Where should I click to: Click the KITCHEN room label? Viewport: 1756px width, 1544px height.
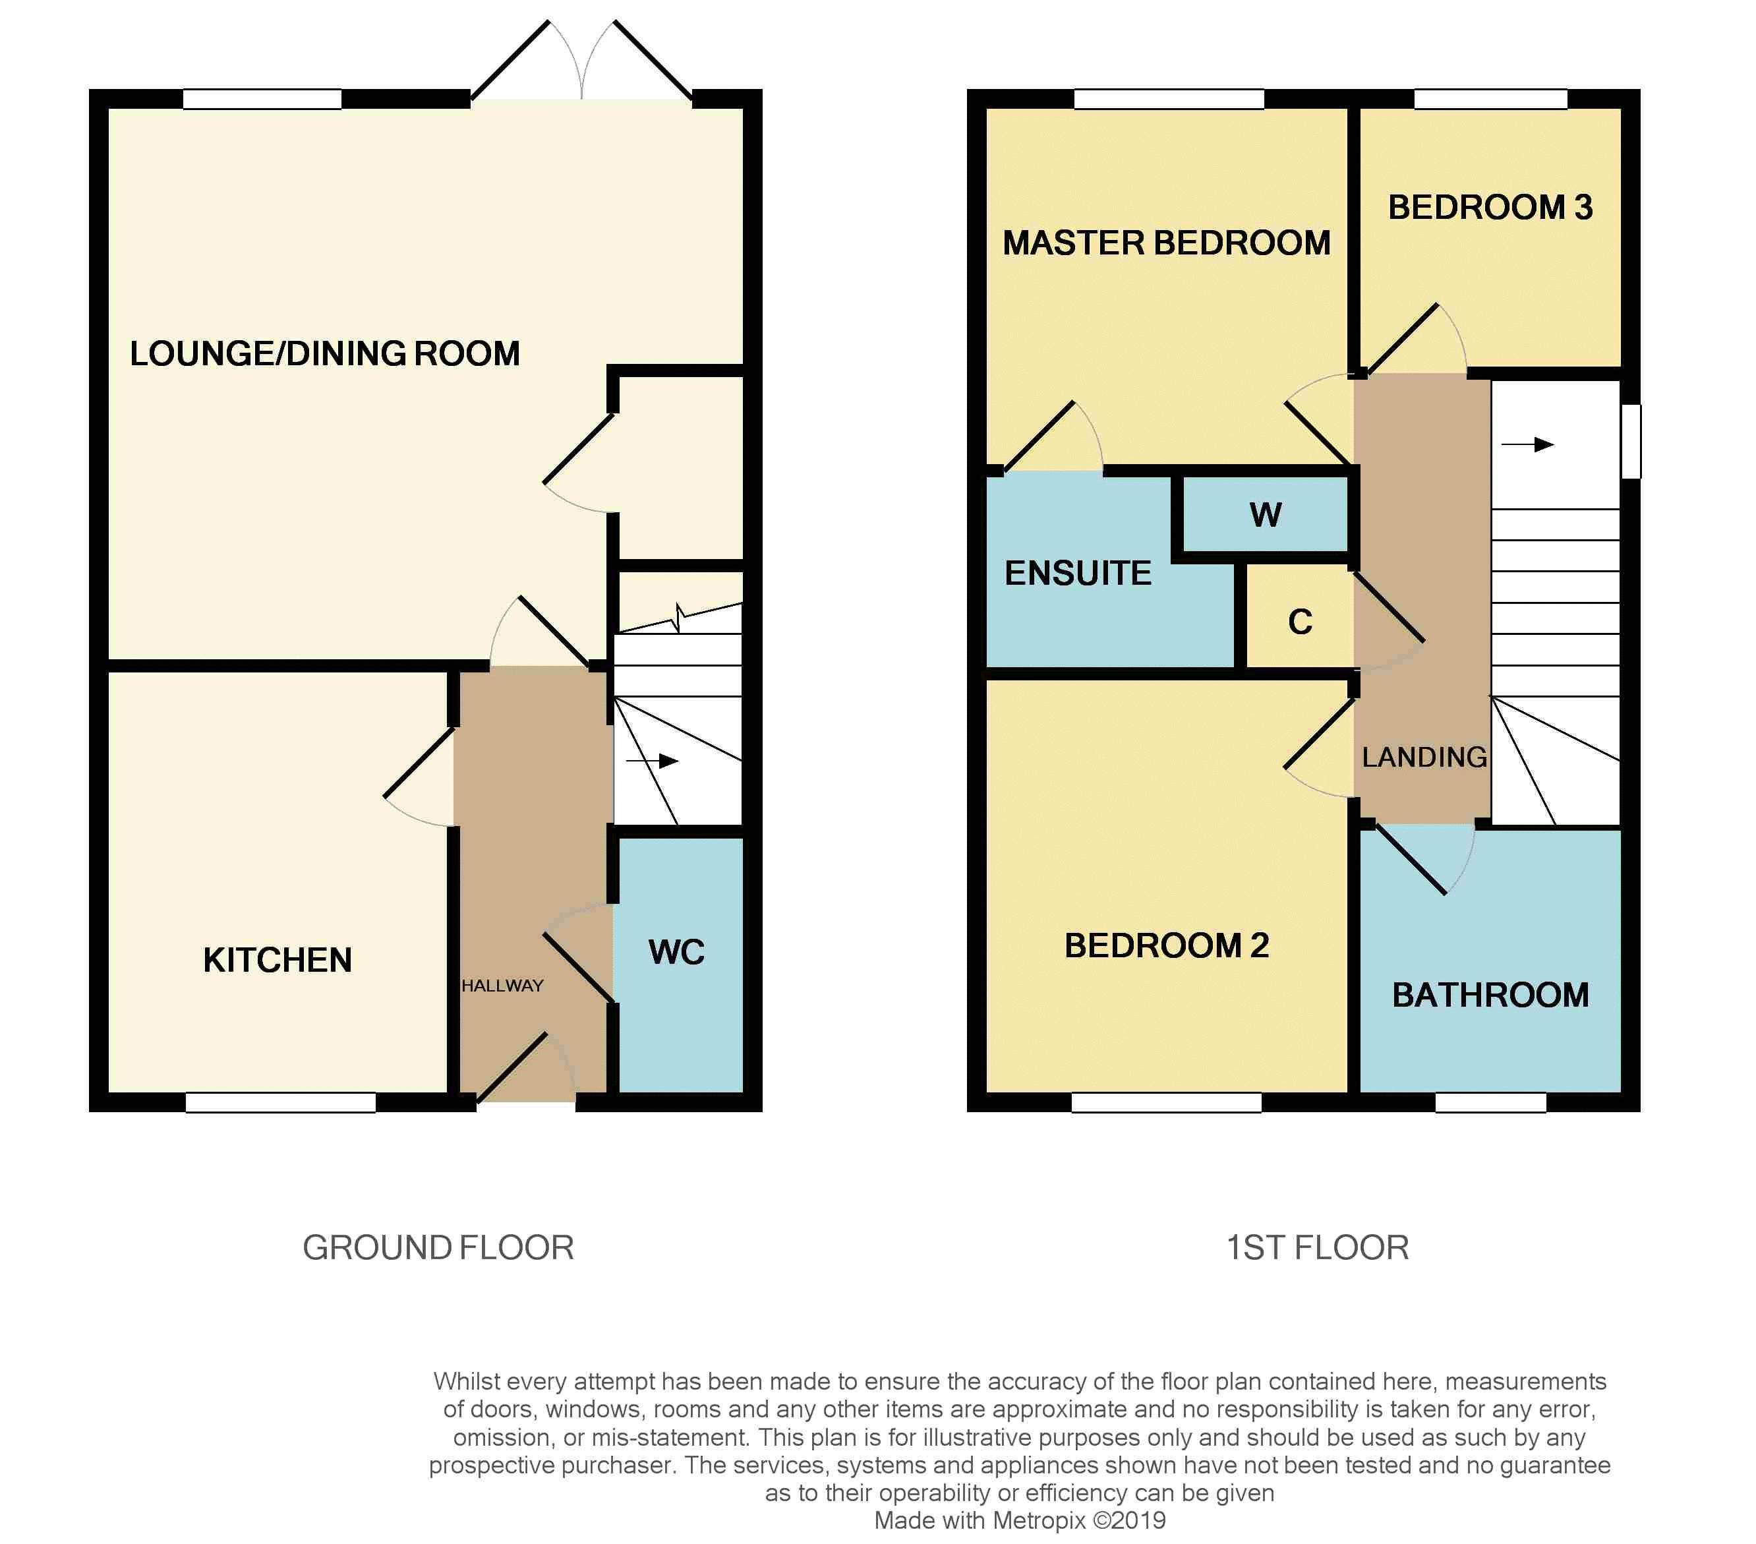[278, 960]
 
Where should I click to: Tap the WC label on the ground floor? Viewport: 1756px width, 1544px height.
[677, 952]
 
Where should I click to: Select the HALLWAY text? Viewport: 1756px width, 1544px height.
[502, 986]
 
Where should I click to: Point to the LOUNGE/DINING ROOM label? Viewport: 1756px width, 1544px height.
[325, 353]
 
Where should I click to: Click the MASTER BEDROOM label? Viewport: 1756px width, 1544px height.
[1167, 243]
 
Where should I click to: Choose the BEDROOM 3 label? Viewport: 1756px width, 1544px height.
[1490, 207]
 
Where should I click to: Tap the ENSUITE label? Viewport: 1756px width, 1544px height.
[1078, 573]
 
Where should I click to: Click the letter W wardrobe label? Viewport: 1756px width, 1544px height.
[1266, 515]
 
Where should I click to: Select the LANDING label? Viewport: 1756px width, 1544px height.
[1424, 757]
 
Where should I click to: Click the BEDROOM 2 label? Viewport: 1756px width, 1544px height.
[1167, 945]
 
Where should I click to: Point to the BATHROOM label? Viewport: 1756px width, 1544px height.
[1490, 995]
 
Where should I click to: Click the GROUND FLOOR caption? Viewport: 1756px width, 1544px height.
[438, 1247]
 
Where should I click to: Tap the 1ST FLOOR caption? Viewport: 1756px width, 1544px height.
[1318, 1247]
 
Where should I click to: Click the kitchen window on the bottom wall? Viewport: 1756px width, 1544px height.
[281, 1102]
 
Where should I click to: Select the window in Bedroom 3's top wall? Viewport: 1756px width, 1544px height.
[1490, 99]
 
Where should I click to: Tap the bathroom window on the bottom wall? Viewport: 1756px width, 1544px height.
[1490, 1102]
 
